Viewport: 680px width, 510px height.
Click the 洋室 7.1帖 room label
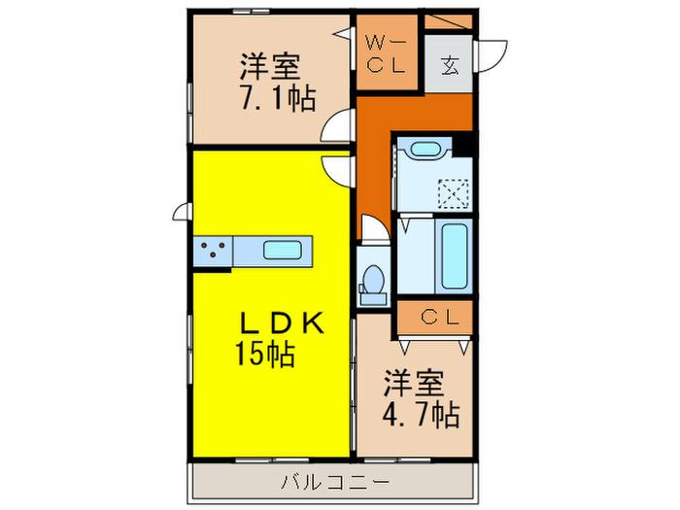click(271, 83)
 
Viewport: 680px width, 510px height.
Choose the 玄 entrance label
click(450, 65)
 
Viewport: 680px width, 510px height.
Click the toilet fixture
click(372, 277)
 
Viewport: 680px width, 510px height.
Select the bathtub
click(455, 256)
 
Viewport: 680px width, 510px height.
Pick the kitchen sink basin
click(285, 250)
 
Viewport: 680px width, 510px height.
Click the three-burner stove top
click(214, 251)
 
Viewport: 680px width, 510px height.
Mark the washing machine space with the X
click(452, 192)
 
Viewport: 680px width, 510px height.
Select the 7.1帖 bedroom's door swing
click(340, 128)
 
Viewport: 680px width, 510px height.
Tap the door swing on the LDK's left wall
click(181, 212)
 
